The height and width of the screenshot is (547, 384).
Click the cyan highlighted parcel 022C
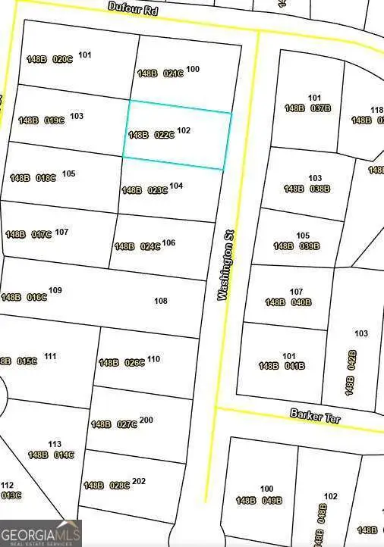coord(177,136)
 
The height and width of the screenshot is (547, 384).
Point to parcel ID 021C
coord(172,73)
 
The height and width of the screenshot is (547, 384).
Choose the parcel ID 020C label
coord(62,59)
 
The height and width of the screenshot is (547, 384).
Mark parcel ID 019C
coord(54,120)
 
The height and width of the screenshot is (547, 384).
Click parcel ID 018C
coord(46,178)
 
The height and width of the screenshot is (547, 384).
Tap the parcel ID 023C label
coord(156,190)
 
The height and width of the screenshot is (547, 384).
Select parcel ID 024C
coord(150,246)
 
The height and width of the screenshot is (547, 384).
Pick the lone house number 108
coord(161,301)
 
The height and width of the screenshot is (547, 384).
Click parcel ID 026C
coord(134,362)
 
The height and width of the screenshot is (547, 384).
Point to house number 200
coord(146,420)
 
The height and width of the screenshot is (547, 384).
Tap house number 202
coord(139,481)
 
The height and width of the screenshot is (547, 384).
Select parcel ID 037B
coord(319,108)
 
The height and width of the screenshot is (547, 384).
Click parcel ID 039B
coord(309,246)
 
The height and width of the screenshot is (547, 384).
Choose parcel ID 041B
coord(294,366)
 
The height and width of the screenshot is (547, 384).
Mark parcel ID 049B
coord(271,501)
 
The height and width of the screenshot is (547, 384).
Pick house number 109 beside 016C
coord(55,290)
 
